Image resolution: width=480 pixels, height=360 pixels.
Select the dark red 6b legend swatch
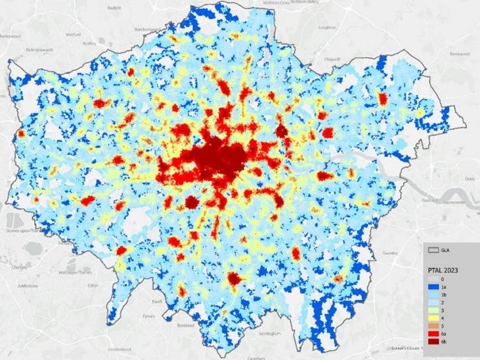click(x=433, y=341)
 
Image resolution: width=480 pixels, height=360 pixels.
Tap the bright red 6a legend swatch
click(x=433, y=333)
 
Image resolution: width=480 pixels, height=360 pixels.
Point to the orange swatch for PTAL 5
click(x=433, y=325)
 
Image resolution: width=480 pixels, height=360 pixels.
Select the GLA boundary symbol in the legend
click(x=434, y=250)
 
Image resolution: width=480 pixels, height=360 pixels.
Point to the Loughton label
click(x=327, y=28)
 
